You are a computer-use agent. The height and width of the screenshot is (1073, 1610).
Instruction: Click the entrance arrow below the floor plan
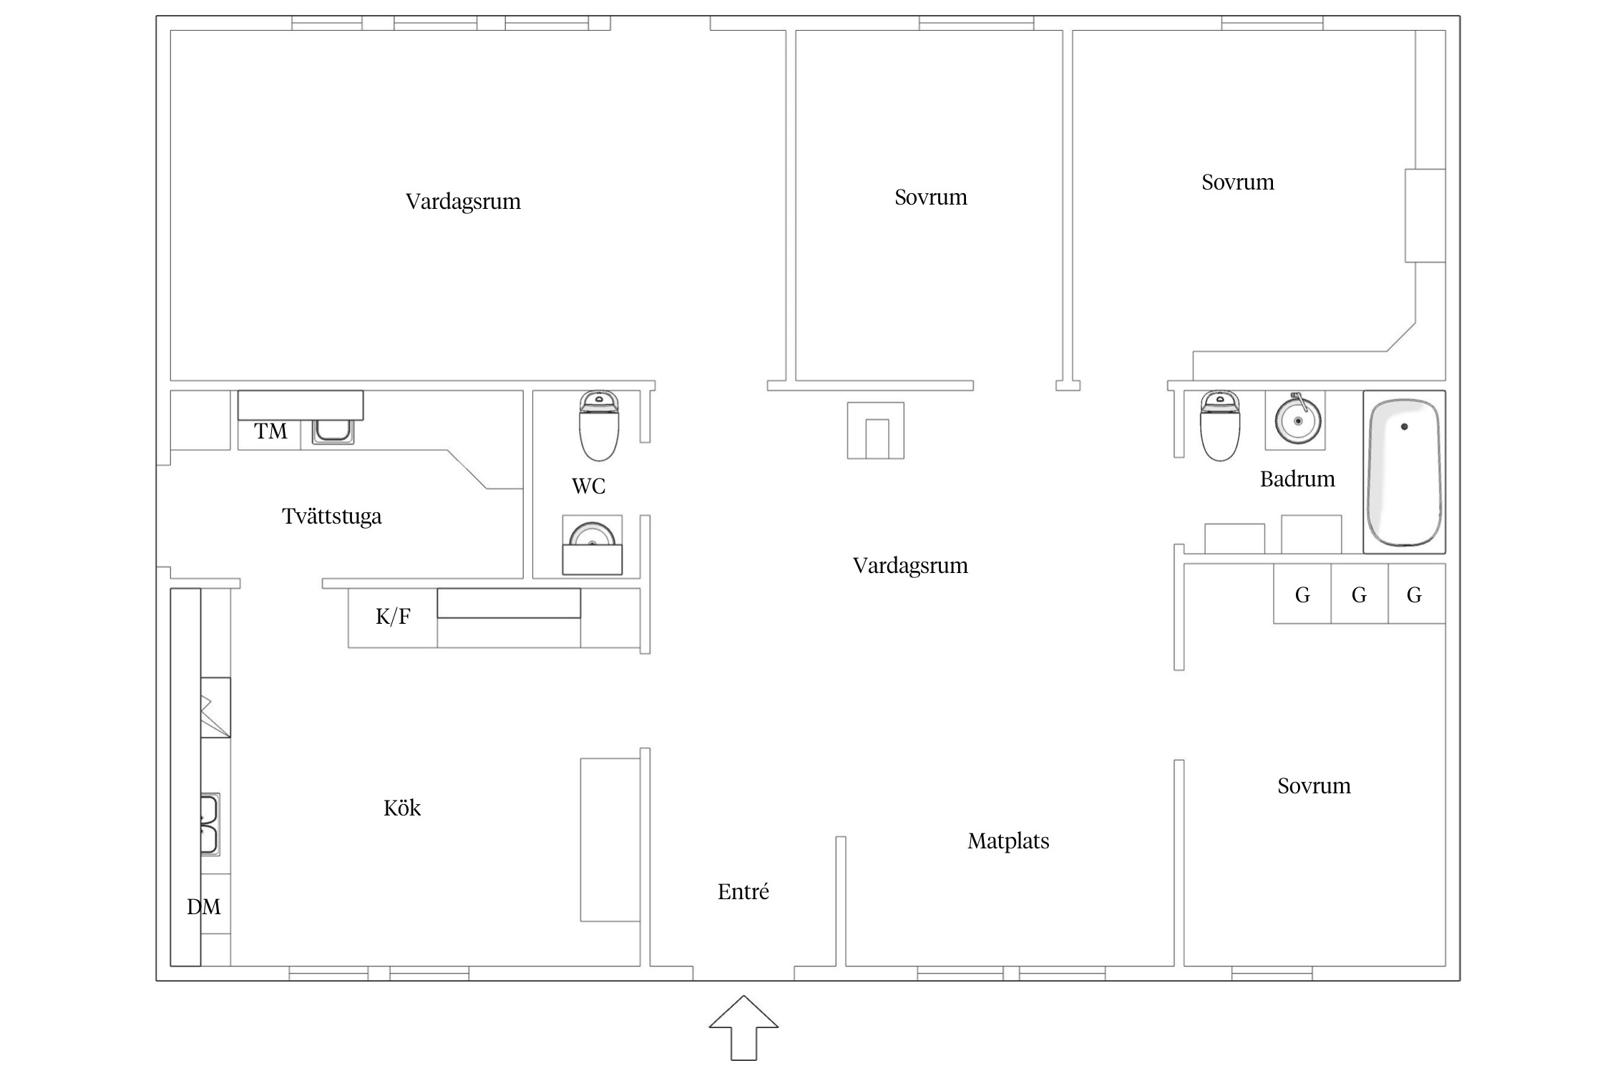pos(743,1028)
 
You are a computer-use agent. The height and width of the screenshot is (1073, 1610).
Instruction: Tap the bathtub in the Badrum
pos(1404,472)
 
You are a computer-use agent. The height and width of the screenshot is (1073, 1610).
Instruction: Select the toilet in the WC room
pos(598,426)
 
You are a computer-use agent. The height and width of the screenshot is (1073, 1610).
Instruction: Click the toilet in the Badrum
pos(1220,426)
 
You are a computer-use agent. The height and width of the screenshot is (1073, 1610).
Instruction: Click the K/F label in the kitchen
pos(393,616)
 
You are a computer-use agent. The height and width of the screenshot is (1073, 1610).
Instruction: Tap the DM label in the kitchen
pos(204,907)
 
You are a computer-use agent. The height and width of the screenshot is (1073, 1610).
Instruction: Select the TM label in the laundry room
pos(270,431)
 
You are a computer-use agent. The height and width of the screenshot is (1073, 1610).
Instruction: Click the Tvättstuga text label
pos(332,516)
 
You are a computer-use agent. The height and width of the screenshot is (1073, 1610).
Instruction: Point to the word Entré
pos(743,891)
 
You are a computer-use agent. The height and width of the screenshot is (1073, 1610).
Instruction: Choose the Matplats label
pos(1009,841)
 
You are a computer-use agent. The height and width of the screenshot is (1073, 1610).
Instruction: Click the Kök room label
pos(402,808)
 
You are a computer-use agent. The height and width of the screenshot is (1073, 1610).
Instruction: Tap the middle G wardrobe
pos(1360,594)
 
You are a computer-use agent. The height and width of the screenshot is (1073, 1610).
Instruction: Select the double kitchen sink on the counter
pos(210,825)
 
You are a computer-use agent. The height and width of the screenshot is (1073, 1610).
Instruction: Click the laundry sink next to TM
pos(333,431)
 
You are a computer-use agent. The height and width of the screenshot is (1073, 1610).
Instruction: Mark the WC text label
pos(589,486)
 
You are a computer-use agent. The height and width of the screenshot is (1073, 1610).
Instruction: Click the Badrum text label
pos(1297,479)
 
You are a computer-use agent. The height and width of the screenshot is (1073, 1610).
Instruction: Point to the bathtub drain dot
pos(1405,426)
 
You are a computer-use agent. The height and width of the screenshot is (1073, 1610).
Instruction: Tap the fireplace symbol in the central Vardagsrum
pos(876,430)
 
